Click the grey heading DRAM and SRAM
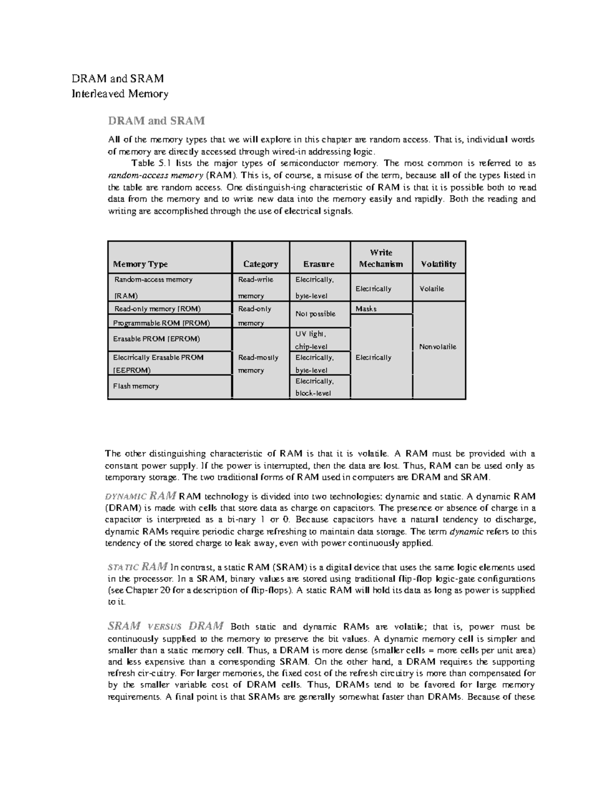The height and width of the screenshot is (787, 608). tap(156, 121)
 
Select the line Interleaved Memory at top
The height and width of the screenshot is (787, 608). tap(120, 93)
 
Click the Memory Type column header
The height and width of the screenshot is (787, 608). tap(140, 264)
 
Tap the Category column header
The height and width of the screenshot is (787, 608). tap(260, 264)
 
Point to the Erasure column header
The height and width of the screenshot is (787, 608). tap(319, 264)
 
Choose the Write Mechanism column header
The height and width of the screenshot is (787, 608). tap(381, 258)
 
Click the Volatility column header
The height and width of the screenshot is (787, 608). tap(438, 264)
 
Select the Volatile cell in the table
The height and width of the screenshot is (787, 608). tap(432, 288)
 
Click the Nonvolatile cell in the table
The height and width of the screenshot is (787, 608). tap(438, 347)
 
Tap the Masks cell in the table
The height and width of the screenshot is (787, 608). tap(366, 309)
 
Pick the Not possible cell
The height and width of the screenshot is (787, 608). tap(315, 314)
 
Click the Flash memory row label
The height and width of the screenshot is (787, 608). tap(136, 386)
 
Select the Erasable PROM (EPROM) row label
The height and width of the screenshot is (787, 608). tap(156, 339)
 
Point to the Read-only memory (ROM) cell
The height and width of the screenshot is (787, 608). tap(157, 309)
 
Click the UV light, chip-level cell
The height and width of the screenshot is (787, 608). tap(311, 340)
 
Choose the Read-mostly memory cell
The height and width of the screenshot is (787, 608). tap(258, 363)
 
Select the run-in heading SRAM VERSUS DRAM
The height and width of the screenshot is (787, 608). tap(166, 626)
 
